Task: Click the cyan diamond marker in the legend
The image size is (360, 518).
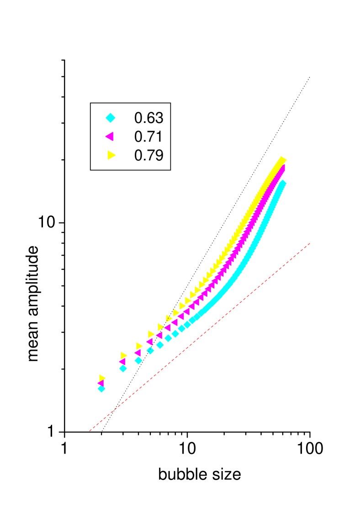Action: click(110, 118)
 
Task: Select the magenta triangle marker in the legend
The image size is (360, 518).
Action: click(109, 137)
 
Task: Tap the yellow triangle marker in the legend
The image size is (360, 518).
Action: click(111, 155)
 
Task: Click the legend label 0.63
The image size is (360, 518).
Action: click(148, 118)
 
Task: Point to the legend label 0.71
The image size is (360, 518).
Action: click(148, 137)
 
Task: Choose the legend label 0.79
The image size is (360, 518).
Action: click(148, 155)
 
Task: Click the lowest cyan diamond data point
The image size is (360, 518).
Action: click(101, 389)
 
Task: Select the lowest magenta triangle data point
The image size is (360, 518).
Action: click(101, 383)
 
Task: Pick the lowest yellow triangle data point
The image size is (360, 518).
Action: click(102, 378)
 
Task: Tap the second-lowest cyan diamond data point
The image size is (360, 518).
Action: click(123, 368)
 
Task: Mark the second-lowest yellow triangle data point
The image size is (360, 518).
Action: click(124, 355)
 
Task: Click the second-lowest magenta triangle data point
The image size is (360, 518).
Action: click(122, 361)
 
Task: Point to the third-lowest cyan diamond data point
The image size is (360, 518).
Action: click(138, 360)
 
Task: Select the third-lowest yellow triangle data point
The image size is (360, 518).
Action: click(139, 346)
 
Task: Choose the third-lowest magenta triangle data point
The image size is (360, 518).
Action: click(137, 353)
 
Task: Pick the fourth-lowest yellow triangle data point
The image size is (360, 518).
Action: click(151, 334)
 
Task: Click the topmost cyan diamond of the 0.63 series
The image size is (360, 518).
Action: click(282, 183)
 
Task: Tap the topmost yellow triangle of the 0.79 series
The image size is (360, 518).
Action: click(283, 160)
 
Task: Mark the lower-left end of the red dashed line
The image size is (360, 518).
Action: click(90, 430)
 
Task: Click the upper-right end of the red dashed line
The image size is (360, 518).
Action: click(311, 243)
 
